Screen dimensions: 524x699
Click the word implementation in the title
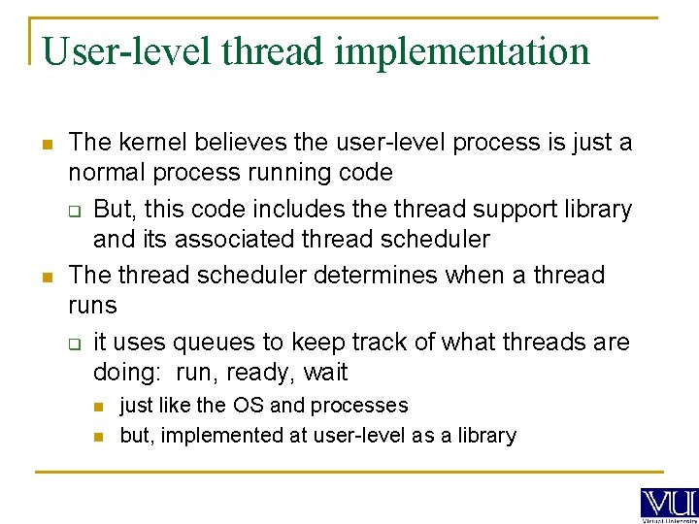tap(462, 51)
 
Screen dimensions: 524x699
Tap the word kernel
tap(153, 143)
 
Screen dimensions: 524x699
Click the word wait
tap(325, 373)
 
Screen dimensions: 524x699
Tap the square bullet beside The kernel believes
tap(46, 144)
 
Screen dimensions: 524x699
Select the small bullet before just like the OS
tap(98, 406)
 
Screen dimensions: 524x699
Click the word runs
tap(92, 306)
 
